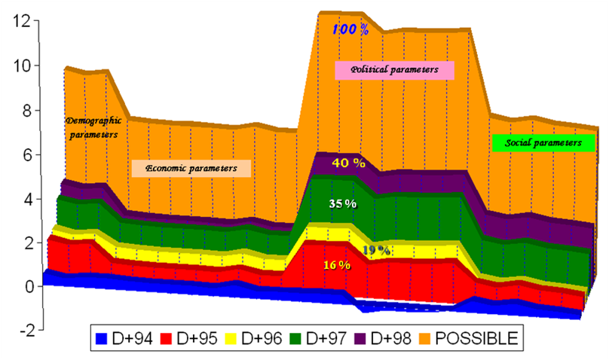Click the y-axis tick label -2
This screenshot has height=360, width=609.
pyautogui.click(x=20, y=331)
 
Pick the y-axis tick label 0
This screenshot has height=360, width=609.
pyautogui.click(x=23, y=287)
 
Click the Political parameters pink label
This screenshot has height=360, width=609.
pyautogui.click(x=395, y=69)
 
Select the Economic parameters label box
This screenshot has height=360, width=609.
pyautogui.click(x=191, y=168)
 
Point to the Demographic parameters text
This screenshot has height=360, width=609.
pyautogui.click(x=92, y=127)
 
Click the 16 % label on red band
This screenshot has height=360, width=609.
pyautogui.click(x=337, y=265)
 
